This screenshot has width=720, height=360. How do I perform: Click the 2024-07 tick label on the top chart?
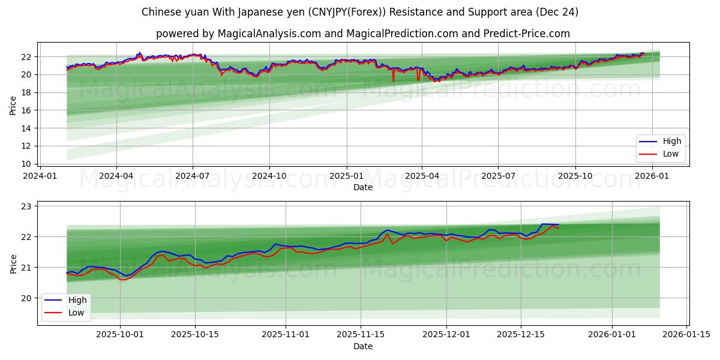click(193, 176)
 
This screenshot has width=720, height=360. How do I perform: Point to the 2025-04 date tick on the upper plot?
click(422, 176)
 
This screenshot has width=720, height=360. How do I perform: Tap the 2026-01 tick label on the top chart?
click(652, 176)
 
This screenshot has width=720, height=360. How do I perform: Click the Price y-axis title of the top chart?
click(13, 106)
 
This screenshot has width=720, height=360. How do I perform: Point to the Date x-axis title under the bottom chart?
click(362, 346)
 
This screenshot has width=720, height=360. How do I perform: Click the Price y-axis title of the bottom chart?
click(13, 263)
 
